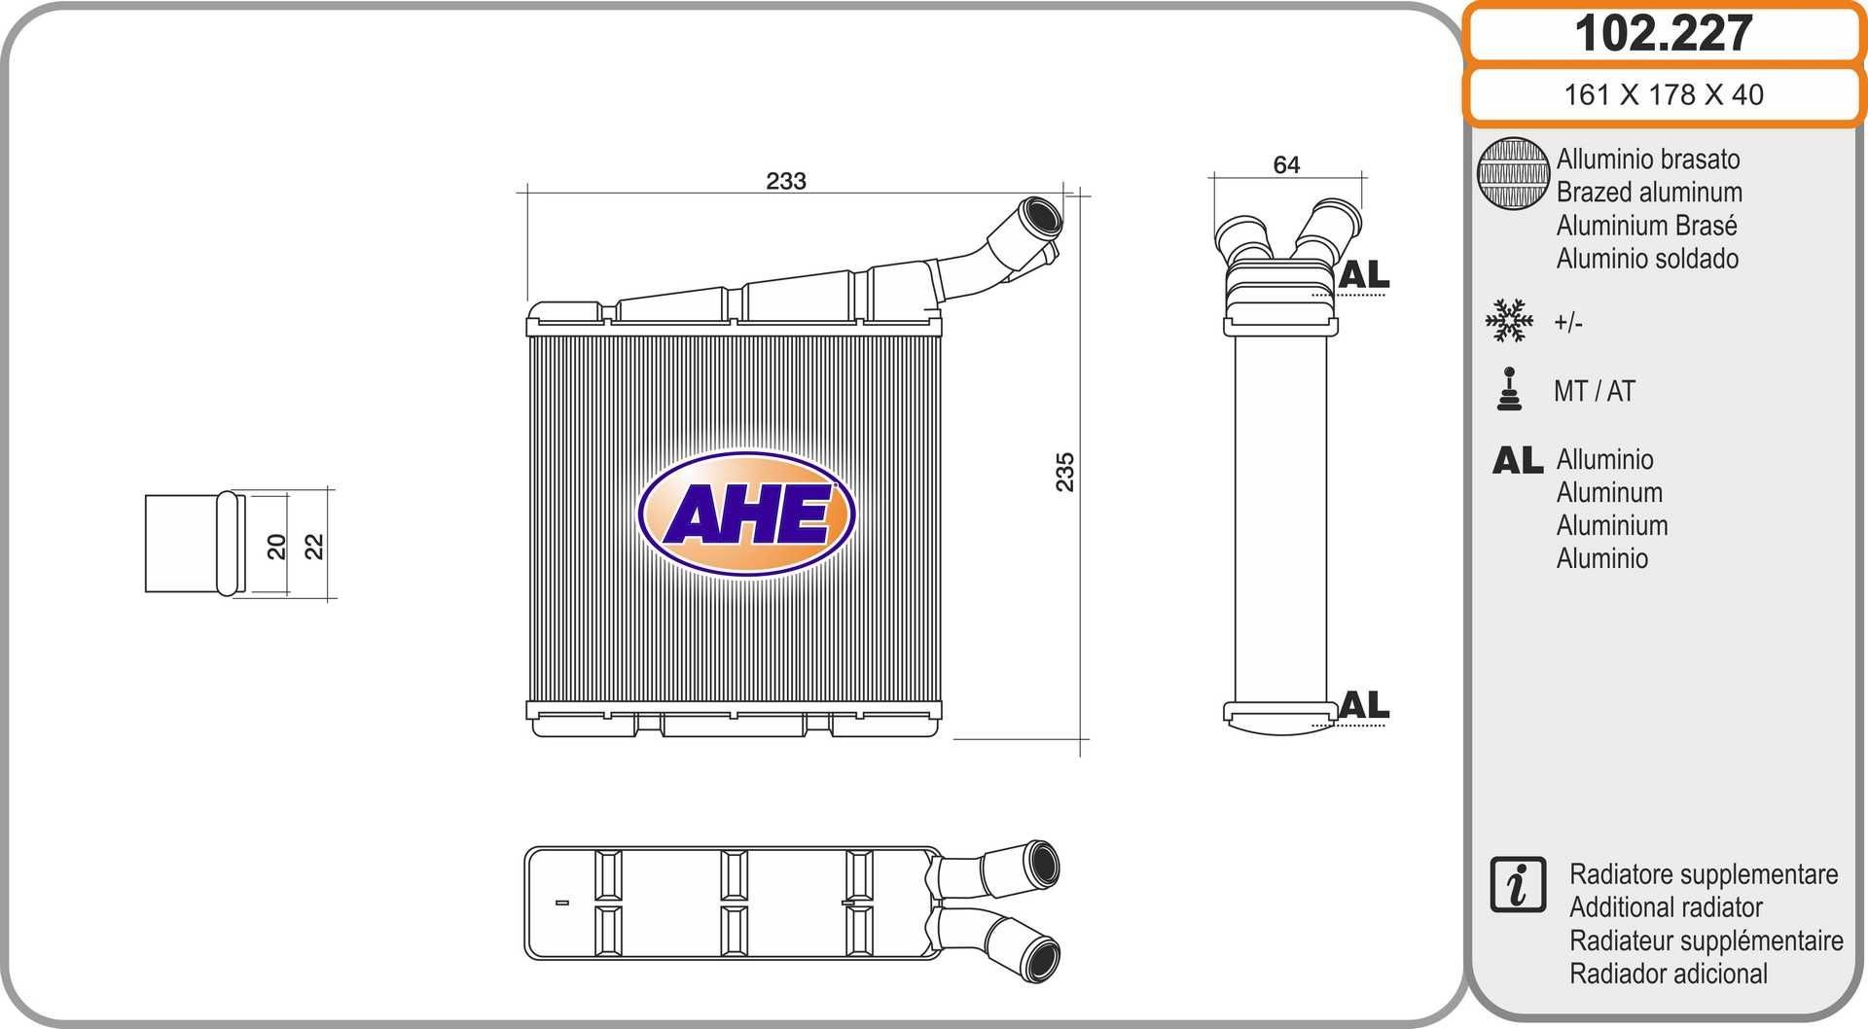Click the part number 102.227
pyautogui.click(x=1663, y=34)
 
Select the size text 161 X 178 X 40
pyautogui.click(x=1663, y=94)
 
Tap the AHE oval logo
pyautogui.click(x=746, y=513)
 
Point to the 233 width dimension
pyautogui.click(x=785, y=181)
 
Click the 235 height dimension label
pyautogui.click(x=1065, y=472)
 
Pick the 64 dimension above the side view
pyautogui.click(x=1286, y=165)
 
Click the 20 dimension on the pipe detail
pyautogui.click(x=277, y=546)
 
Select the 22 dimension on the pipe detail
pyautogui.click(x=313, y=546)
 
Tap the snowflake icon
pyautogui.click(x=1509, y=321)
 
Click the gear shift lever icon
pyautogui.click(x=1509, y=390)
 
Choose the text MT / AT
pyautogui.click(x=1594, y=391)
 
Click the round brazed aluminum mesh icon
pyautogui.click(x=1513, y=173)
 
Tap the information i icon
pyautogui.click(x=1517, y=885)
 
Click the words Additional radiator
pyautogui.click(x=1666, y=907)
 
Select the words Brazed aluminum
pyautogui.click(x=1649, y=193)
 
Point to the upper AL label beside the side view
pyautogui.click(x=1364, y=275)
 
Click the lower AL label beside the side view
pyautogui.click(x=1364, y=705)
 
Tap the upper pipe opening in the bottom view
pyautogui.click(x=1043, y=864)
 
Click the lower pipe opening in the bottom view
pyautogui.click(x=1043, y=958)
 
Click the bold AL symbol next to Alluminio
pyautogui.click(x=1518, y=460)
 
